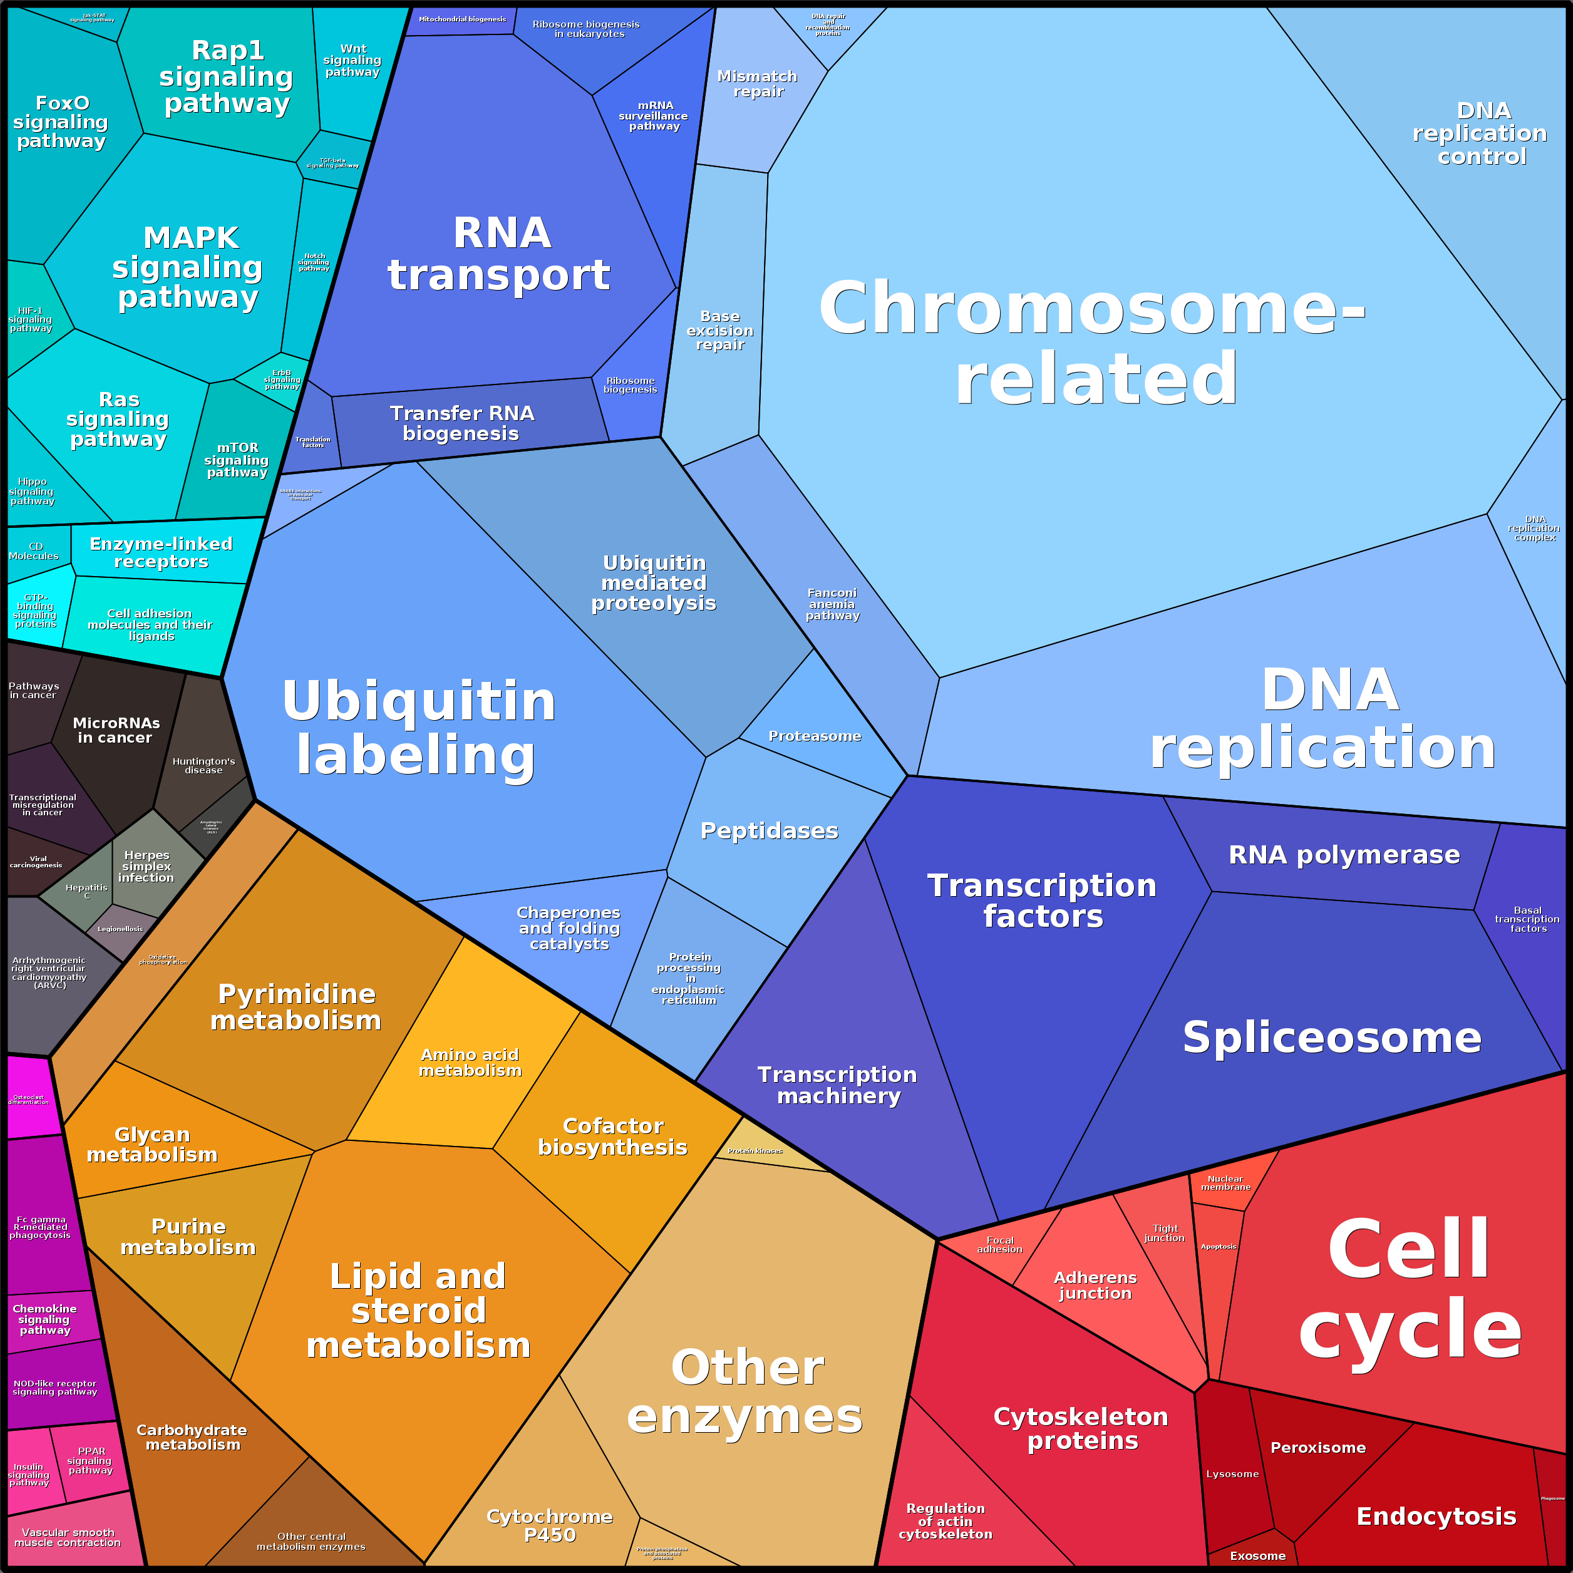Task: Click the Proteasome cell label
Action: pos(814,736)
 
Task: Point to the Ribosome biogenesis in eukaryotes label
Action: pos(585,29)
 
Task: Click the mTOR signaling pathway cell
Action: pos(236,460)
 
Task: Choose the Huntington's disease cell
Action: pos(204,765)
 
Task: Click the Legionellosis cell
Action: pos(120,929)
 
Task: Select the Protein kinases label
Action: pos(755,1150)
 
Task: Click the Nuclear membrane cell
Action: pos(1225,1183)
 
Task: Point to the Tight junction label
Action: pos(1164,1234)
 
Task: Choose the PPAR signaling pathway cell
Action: pos(90,1462)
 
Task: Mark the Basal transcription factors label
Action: pos(1527,919)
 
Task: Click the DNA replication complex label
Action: pos(1534,529)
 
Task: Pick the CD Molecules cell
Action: pos(34,551)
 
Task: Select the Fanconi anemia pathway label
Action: pos(832,604)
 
